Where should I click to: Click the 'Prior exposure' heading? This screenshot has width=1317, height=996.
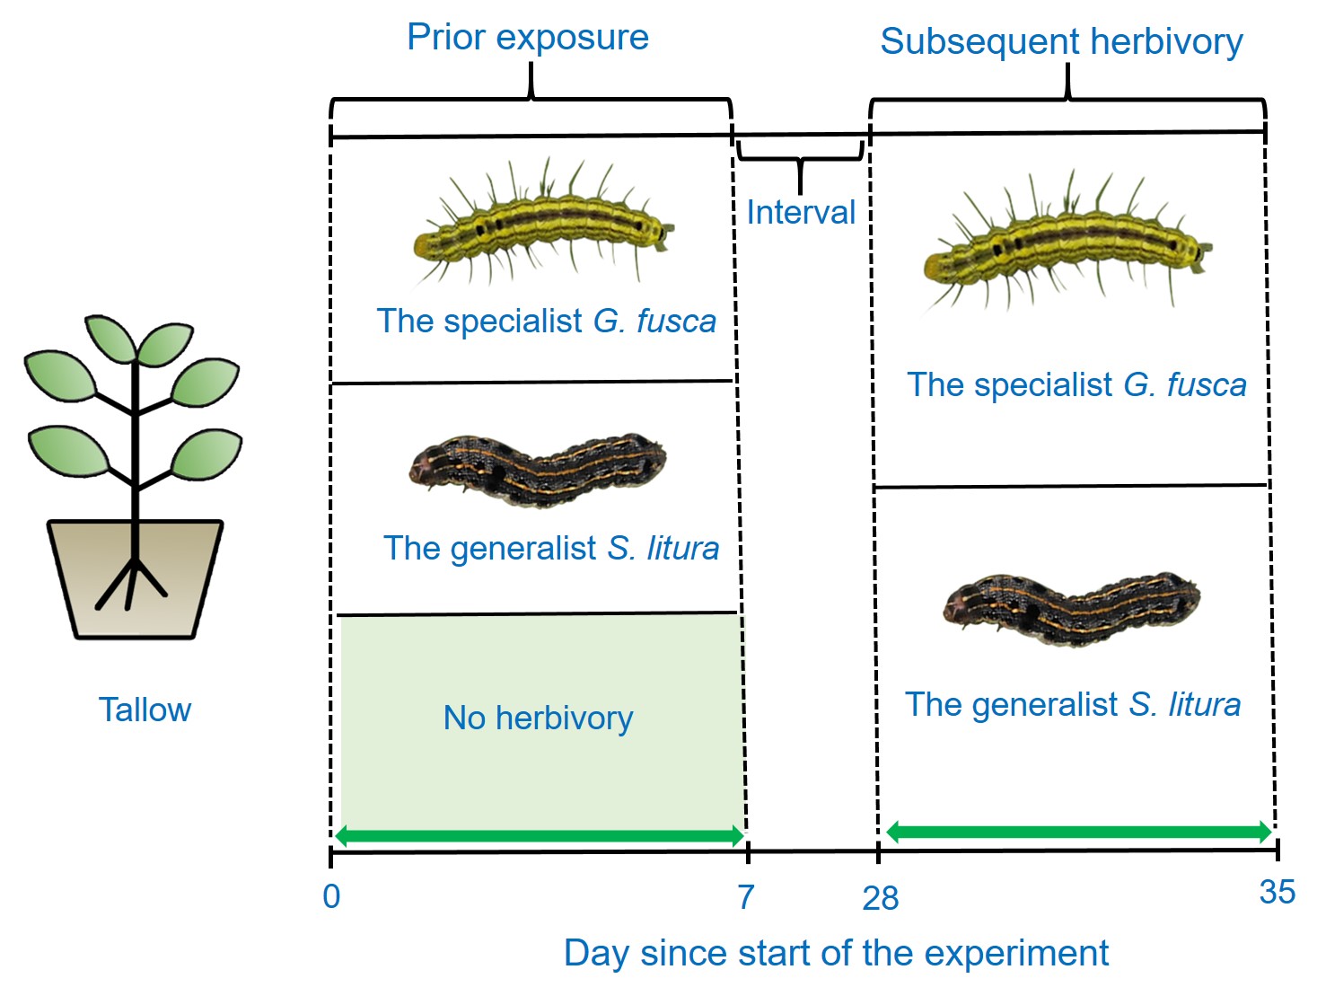pyautogui.click(x=527, y=38)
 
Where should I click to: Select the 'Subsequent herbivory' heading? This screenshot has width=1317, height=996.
pyautogui.click(x=1061, y=41)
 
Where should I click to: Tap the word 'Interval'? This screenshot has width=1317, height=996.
pyautogui.click(x=801, y=213)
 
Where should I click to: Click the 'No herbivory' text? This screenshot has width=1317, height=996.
pyautogui.click(x=538, y=718)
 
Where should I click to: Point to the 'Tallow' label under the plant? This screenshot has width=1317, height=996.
pyautogui.click(x=145, y=710)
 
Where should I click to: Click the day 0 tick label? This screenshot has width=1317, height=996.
pyautogui.click(x=331, y=895)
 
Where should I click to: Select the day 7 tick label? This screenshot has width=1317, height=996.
pyautogui.click(x=746, y=896)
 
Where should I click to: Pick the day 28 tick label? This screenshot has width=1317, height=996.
pyautogui.click(x=880, y=897)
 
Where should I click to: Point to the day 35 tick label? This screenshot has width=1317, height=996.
pyautogui.click(x=1277, y=892)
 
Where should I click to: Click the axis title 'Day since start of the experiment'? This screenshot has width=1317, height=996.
pyautogui.click(x=836, y=953)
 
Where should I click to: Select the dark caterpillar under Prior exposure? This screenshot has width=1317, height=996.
pyautogui.click(x=538, y=468)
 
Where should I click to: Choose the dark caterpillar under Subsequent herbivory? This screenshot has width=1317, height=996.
pyautogui.click(x=1071, y=608)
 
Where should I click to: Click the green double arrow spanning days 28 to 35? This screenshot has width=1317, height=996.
pyautogui.click(x=1078, y=832)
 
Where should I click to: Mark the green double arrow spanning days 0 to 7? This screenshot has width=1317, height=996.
pyautogui.click(x=539, y=836)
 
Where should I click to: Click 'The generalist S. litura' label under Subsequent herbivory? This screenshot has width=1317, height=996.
pyautogui.click(x=1072, y=704)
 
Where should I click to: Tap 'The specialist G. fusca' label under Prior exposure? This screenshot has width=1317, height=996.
pyautogui.click(x=546, y=321)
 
